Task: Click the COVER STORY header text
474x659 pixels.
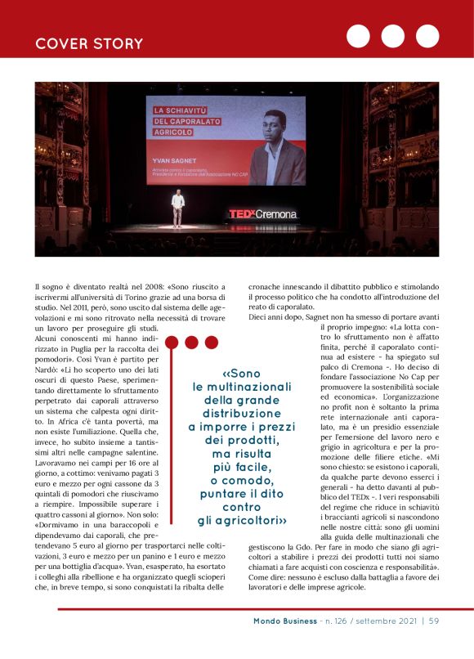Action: point(89,43)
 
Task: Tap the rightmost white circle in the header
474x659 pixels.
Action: point(427,36)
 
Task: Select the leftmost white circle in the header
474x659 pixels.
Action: point(359,36)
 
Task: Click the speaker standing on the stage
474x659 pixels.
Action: point(177,209)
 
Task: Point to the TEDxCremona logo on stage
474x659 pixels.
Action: point(262,214)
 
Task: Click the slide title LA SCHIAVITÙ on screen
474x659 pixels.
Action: point(186,110)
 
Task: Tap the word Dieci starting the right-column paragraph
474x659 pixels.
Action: point(259,316)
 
